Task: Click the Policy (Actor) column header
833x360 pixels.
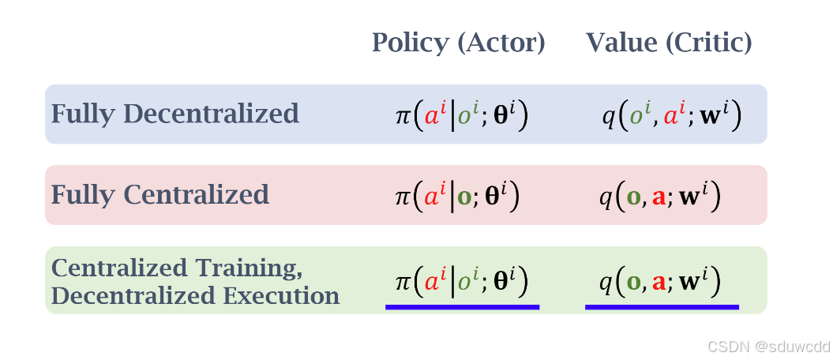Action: (458, 43)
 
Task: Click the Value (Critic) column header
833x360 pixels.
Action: (668, 43)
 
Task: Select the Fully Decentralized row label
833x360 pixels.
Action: (174, 114)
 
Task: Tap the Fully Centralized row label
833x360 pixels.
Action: (159, 195)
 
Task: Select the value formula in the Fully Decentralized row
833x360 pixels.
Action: (671, 116)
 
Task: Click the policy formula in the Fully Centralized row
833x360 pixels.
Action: (457, 196)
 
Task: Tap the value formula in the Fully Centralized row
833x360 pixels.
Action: (660, 197)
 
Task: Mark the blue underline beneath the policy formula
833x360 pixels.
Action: (462, 306)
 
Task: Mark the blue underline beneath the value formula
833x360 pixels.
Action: (662, 306)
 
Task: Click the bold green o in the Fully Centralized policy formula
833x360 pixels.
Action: (464, 197)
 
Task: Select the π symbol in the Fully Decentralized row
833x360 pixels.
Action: (402, 118)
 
